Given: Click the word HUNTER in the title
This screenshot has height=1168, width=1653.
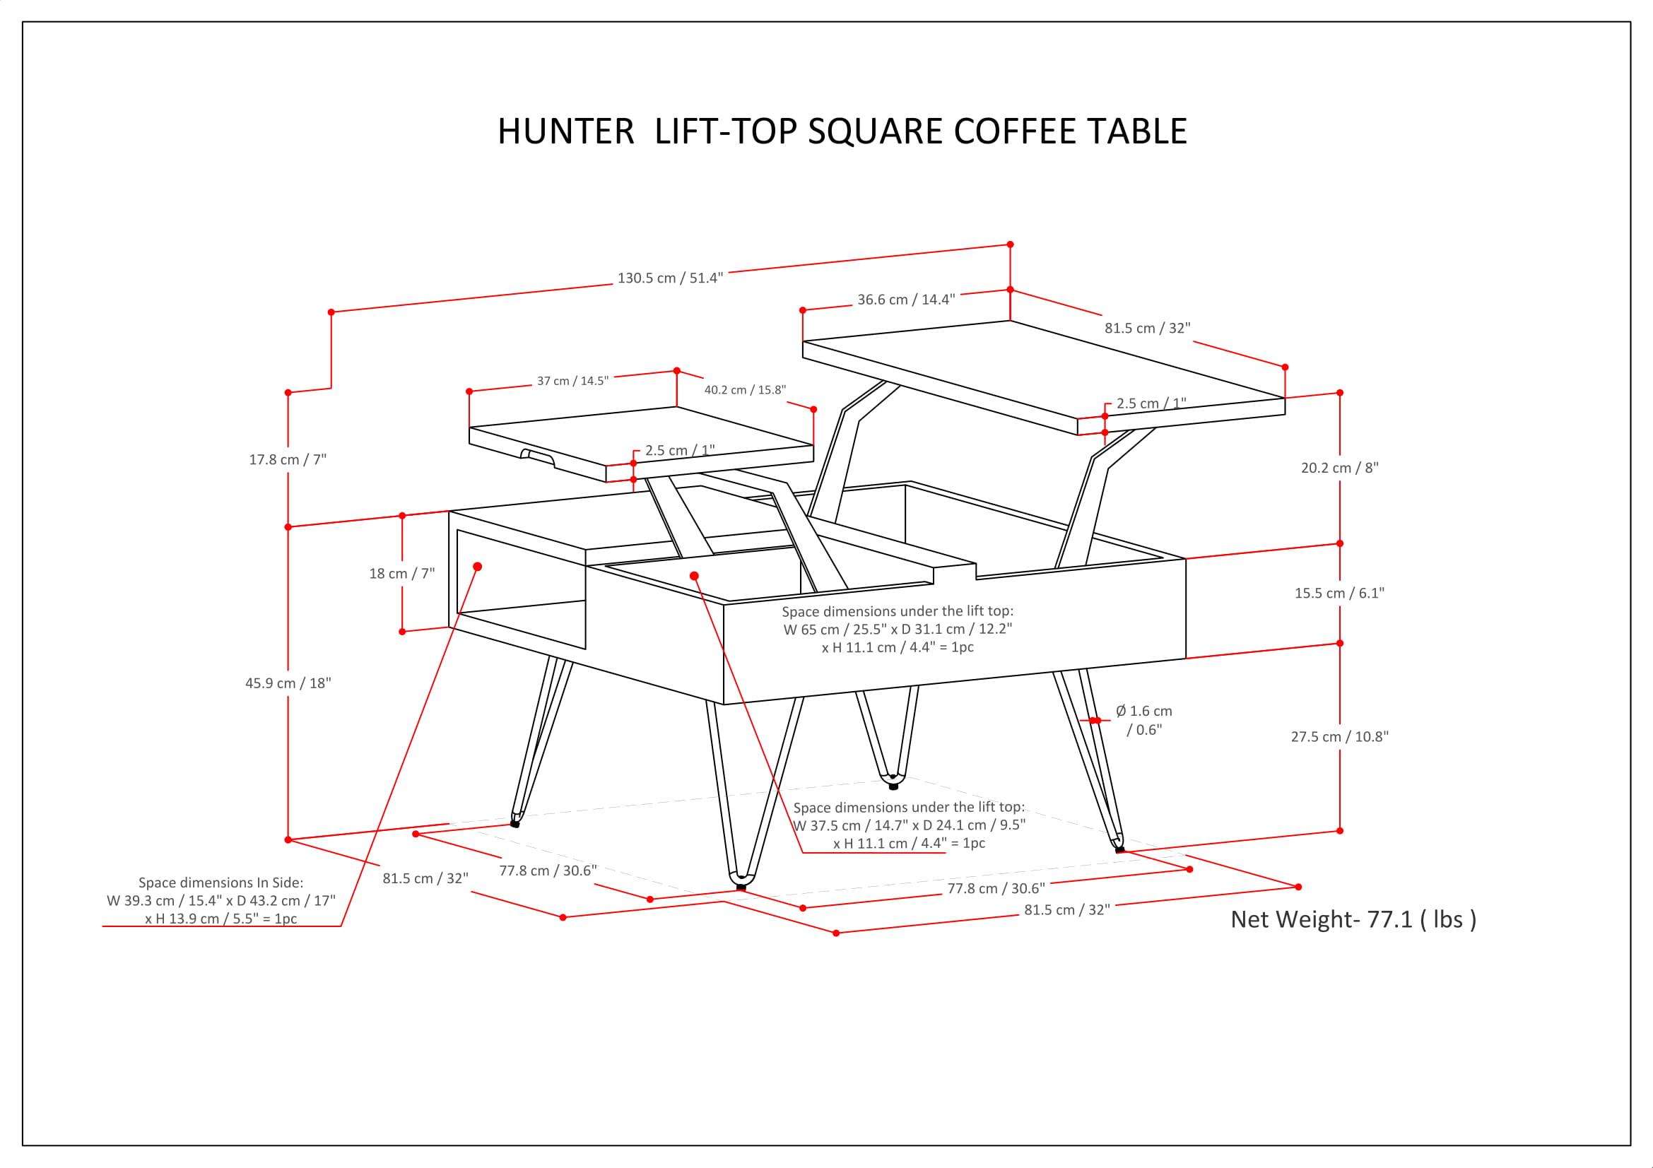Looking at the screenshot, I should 566,131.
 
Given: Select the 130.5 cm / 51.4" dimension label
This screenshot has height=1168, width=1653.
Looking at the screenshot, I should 669,278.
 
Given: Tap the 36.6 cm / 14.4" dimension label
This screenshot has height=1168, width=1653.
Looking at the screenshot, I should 906,300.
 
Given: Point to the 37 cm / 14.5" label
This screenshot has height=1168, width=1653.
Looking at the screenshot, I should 572,381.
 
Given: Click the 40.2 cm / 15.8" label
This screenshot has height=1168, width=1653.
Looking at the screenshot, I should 744,390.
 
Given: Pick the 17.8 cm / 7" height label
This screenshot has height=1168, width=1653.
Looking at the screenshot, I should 287,459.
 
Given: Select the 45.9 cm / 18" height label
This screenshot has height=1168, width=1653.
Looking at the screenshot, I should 287,683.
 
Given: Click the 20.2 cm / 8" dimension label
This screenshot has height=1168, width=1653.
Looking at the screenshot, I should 1339,468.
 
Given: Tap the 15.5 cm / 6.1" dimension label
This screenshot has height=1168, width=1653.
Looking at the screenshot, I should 1339,593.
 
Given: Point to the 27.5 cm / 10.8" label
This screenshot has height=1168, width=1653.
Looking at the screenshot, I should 1339,736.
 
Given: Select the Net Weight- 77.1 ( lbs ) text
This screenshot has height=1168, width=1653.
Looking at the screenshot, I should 1353,920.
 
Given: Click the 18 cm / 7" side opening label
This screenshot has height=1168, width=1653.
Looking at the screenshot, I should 401,574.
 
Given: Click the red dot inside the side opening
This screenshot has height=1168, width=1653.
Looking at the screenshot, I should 476,567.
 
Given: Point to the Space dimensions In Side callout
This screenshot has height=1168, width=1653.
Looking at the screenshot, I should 220,900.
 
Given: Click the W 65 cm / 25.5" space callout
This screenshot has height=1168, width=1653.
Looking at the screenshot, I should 897,629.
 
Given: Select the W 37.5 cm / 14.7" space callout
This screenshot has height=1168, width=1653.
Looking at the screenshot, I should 909,825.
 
